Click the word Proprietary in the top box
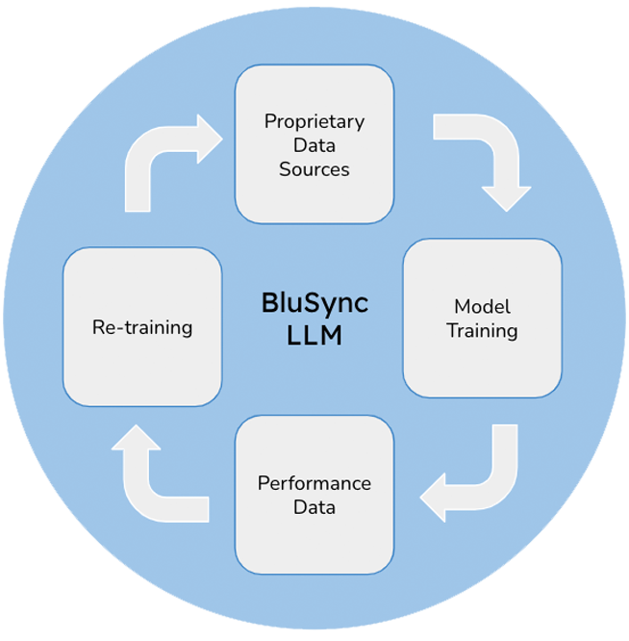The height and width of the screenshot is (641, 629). click(314, 122)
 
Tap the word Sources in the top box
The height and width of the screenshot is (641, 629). click(314, 169)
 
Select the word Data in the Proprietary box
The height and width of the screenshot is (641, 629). click(314, 146)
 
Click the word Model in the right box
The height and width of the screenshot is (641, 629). click(482, 307)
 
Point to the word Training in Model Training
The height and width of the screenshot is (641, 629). click(482, 331)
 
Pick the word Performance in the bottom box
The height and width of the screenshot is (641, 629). click(314, 483)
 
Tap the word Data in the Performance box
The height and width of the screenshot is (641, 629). click(314, 507)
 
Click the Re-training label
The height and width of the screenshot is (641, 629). click(142, 327)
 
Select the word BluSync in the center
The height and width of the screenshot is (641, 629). click(314, 303)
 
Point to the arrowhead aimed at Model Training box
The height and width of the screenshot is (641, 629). click(506, 196)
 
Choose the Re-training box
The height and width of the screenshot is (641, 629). click(142, 326)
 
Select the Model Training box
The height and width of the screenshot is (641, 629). click(482, 319)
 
